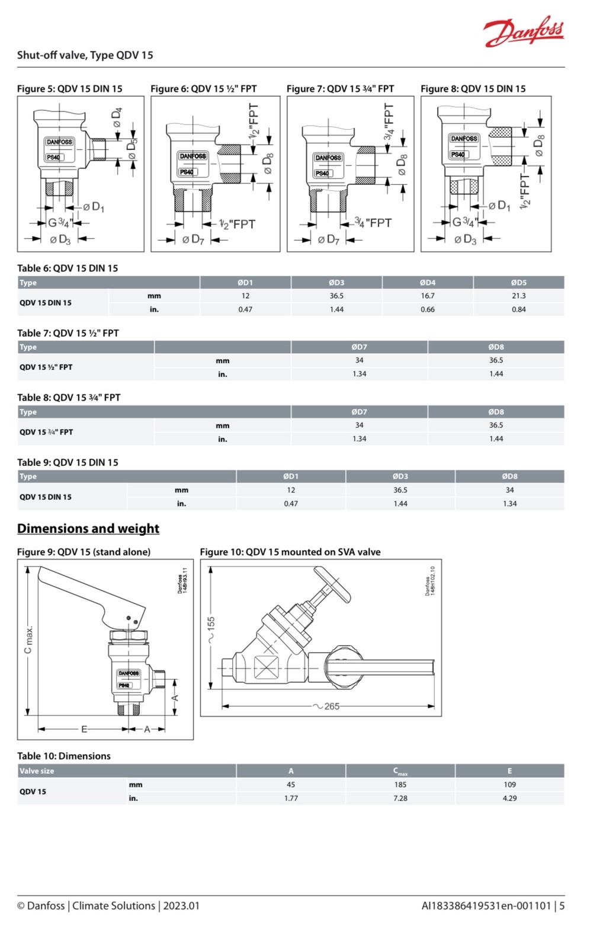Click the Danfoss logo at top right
coord(524,31)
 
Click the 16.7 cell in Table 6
coord(427,296)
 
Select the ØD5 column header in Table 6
coord(518,282)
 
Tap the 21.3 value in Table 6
coord(518,296)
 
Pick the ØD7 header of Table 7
coord(359,347)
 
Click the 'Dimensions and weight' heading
coord(88,528)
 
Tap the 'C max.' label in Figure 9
coord(28,640)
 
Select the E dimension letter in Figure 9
coord(84,729)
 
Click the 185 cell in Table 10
coord(400,784)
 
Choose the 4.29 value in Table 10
coord(509,798)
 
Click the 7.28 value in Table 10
coord(400,798)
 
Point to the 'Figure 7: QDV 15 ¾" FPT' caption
coord(340,89)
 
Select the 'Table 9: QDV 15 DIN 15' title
coord(68,462)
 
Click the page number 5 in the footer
coord(562,906)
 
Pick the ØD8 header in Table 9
coord(509,476)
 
